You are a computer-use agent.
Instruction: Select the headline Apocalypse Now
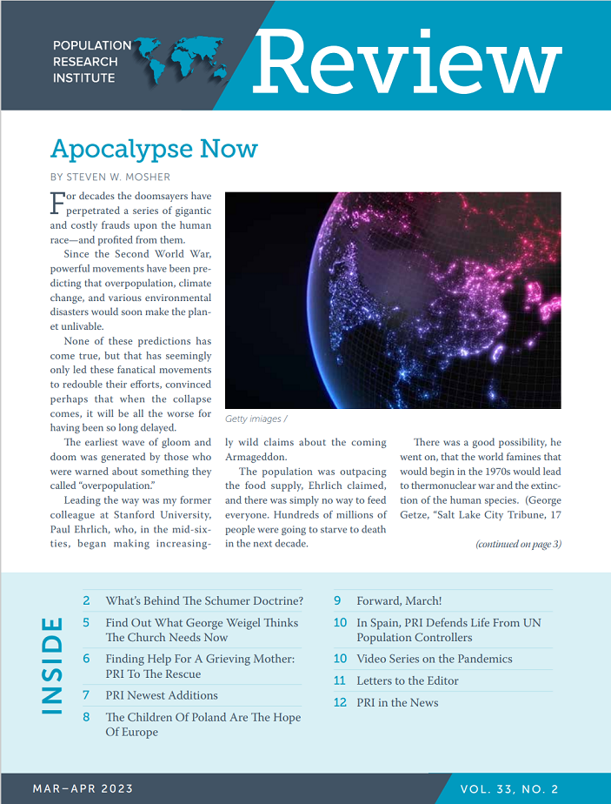tap(154, 149)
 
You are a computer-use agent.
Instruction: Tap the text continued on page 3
tap(518, 544)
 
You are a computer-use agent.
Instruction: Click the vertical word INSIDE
tap(52, 666)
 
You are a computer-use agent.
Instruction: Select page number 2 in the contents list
tap(86, 600)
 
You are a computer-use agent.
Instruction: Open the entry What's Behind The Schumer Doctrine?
tap(204, 600)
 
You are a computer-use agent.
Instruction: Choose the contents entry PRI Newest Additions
tap(162, 695)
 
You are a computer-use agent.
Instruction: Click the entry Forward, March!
tap(399, 600)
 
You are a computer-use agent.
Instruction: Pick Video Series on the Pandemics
tap(435, 659)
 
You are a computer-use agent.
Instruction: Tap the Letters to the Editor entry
tap(408, 680)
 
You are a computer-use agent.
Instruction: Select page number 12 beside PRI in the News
tap(340, 702)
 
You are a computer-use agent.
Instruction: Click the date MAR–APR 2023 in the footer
tap(83, 788)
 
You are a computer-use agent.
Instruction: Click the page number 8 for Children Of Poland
tap(86, 717)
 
